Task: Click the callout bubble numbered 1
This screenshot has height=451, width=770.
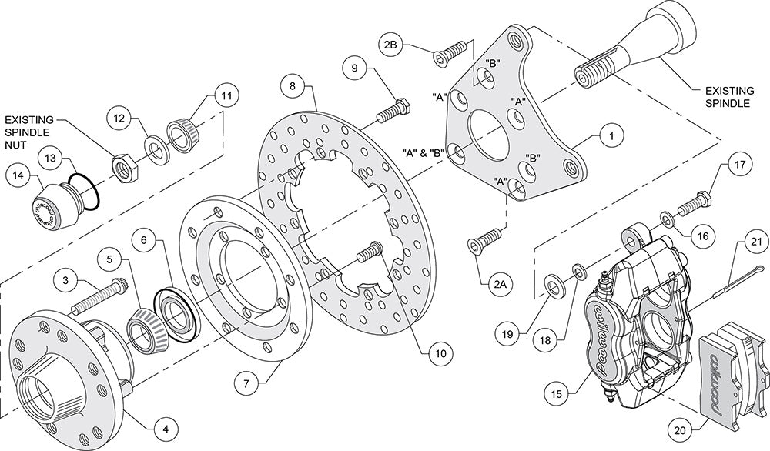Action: [x=610, y=136]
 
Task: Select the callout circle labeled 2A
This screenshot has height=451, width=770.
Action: [x=500, y=285]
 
